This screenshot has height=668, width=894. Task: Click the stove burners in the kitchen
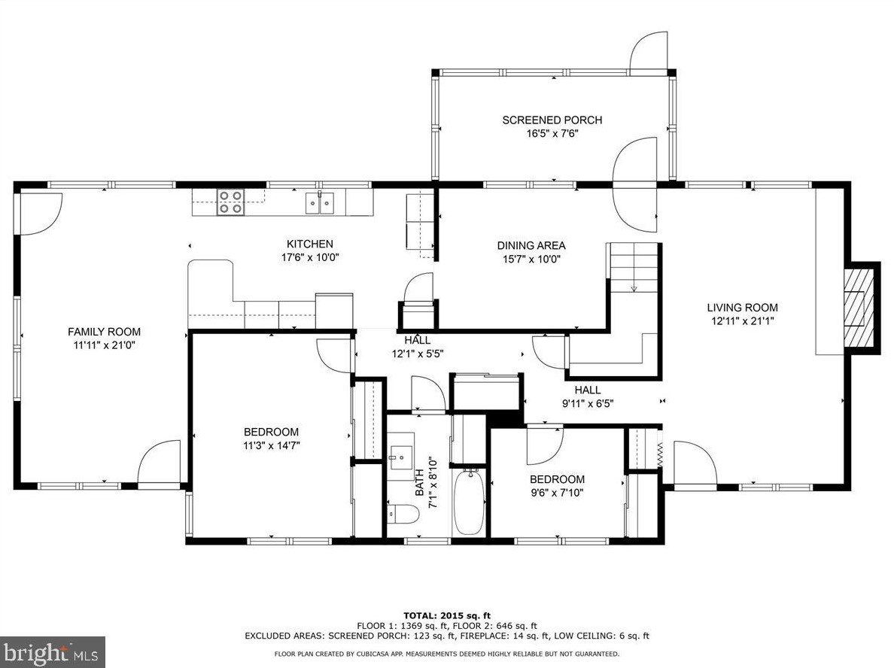(230, 202)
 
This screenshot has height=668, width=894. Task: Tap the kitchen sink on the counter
(320, 203)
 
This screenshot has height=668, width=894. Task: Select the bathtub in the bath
(470, 502)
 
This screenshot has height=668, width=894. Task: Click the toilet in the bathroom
(403, 514)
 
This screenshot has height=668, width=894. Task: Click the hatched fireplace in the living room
(858, 308)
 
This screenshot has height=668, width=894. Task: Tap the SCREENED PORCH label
(552, 120)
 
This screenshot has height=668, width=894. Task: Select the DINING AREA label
(531, 246)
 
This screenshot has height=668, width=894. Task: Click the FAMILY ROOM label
(105, 332)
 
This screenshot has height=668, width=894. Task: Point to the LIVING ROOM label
(742, 308)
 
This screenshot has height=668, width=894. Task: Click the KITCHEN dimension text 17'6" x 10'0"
(310, 257)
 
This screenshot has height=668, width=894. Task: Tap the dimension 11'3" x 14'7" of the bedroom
(272, 446)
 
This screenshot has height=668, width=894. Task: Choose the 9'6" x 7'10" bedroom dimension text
(557, 493)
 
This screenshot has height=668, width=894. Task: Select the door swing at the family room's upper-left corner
(41, 214)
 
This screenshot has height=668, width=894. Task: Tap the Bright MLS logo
(53, 652)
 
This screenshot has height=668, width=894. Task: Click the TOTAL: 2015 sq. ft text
(447, 615)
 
